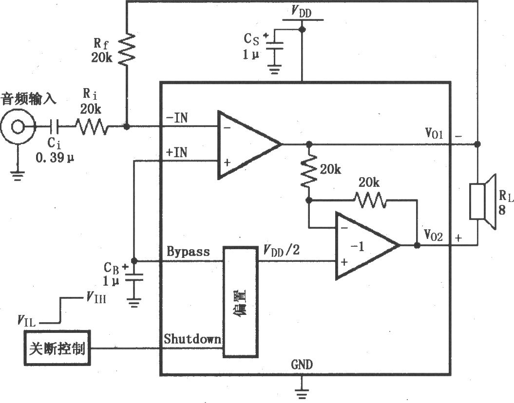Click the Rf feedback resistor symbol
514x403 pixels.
127,49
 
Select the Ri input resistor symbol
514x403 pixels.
92,127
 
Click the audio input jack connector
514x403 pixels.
18,127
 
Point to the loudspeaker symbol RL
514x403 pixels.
483,201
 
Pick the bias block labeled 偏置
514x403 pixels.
240,301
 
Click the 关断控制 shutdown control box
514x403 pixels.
57,348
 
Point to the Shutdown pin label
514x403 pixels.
192,339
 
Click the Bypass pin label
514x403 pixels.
188,252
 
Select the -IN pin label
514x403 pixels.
177,118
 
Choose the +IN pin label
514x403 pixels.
177,152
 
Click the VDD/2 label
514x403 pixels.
281,251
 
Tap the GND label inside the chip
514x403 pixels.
302,365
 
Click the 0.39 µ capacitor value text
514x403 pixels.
55,158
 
